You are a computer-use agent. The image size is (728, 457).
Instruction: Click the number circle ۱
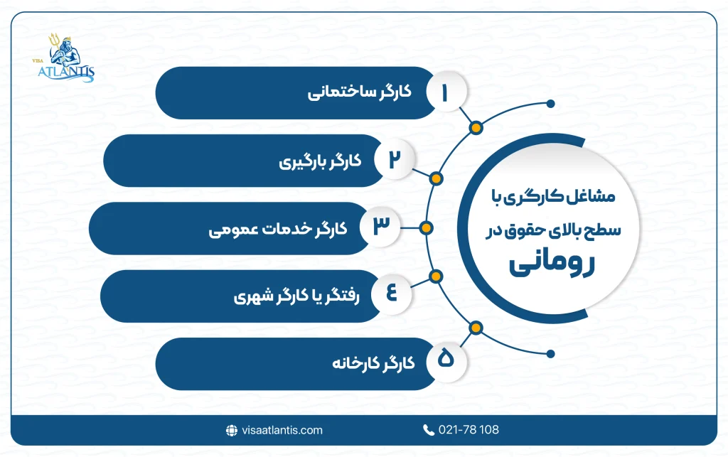(446, 94)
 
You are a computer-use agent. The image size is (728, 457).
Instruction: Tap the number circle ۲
(392, 161)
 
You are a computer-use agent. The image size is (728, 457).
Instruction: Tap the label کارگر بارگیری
(320, 161)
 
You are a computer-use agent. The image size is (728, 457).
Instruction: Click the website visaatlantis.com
(281, 430)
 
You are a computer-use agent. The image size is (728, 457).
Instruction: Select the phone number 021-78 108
(470, 430)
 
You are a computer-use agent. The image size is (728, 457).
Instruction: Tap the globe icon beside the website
(231, 430)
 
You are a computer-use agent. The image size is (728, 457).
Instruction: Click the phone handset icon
(429, 430)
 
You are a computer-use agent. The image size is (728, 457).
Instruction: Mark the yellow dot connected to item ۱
(476, 128)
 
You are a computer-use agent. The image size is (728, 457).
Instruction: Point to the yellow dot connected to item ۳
(426, 228)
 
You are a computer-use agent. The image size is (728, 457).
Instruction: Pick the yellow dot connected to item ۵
(476, 328)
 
